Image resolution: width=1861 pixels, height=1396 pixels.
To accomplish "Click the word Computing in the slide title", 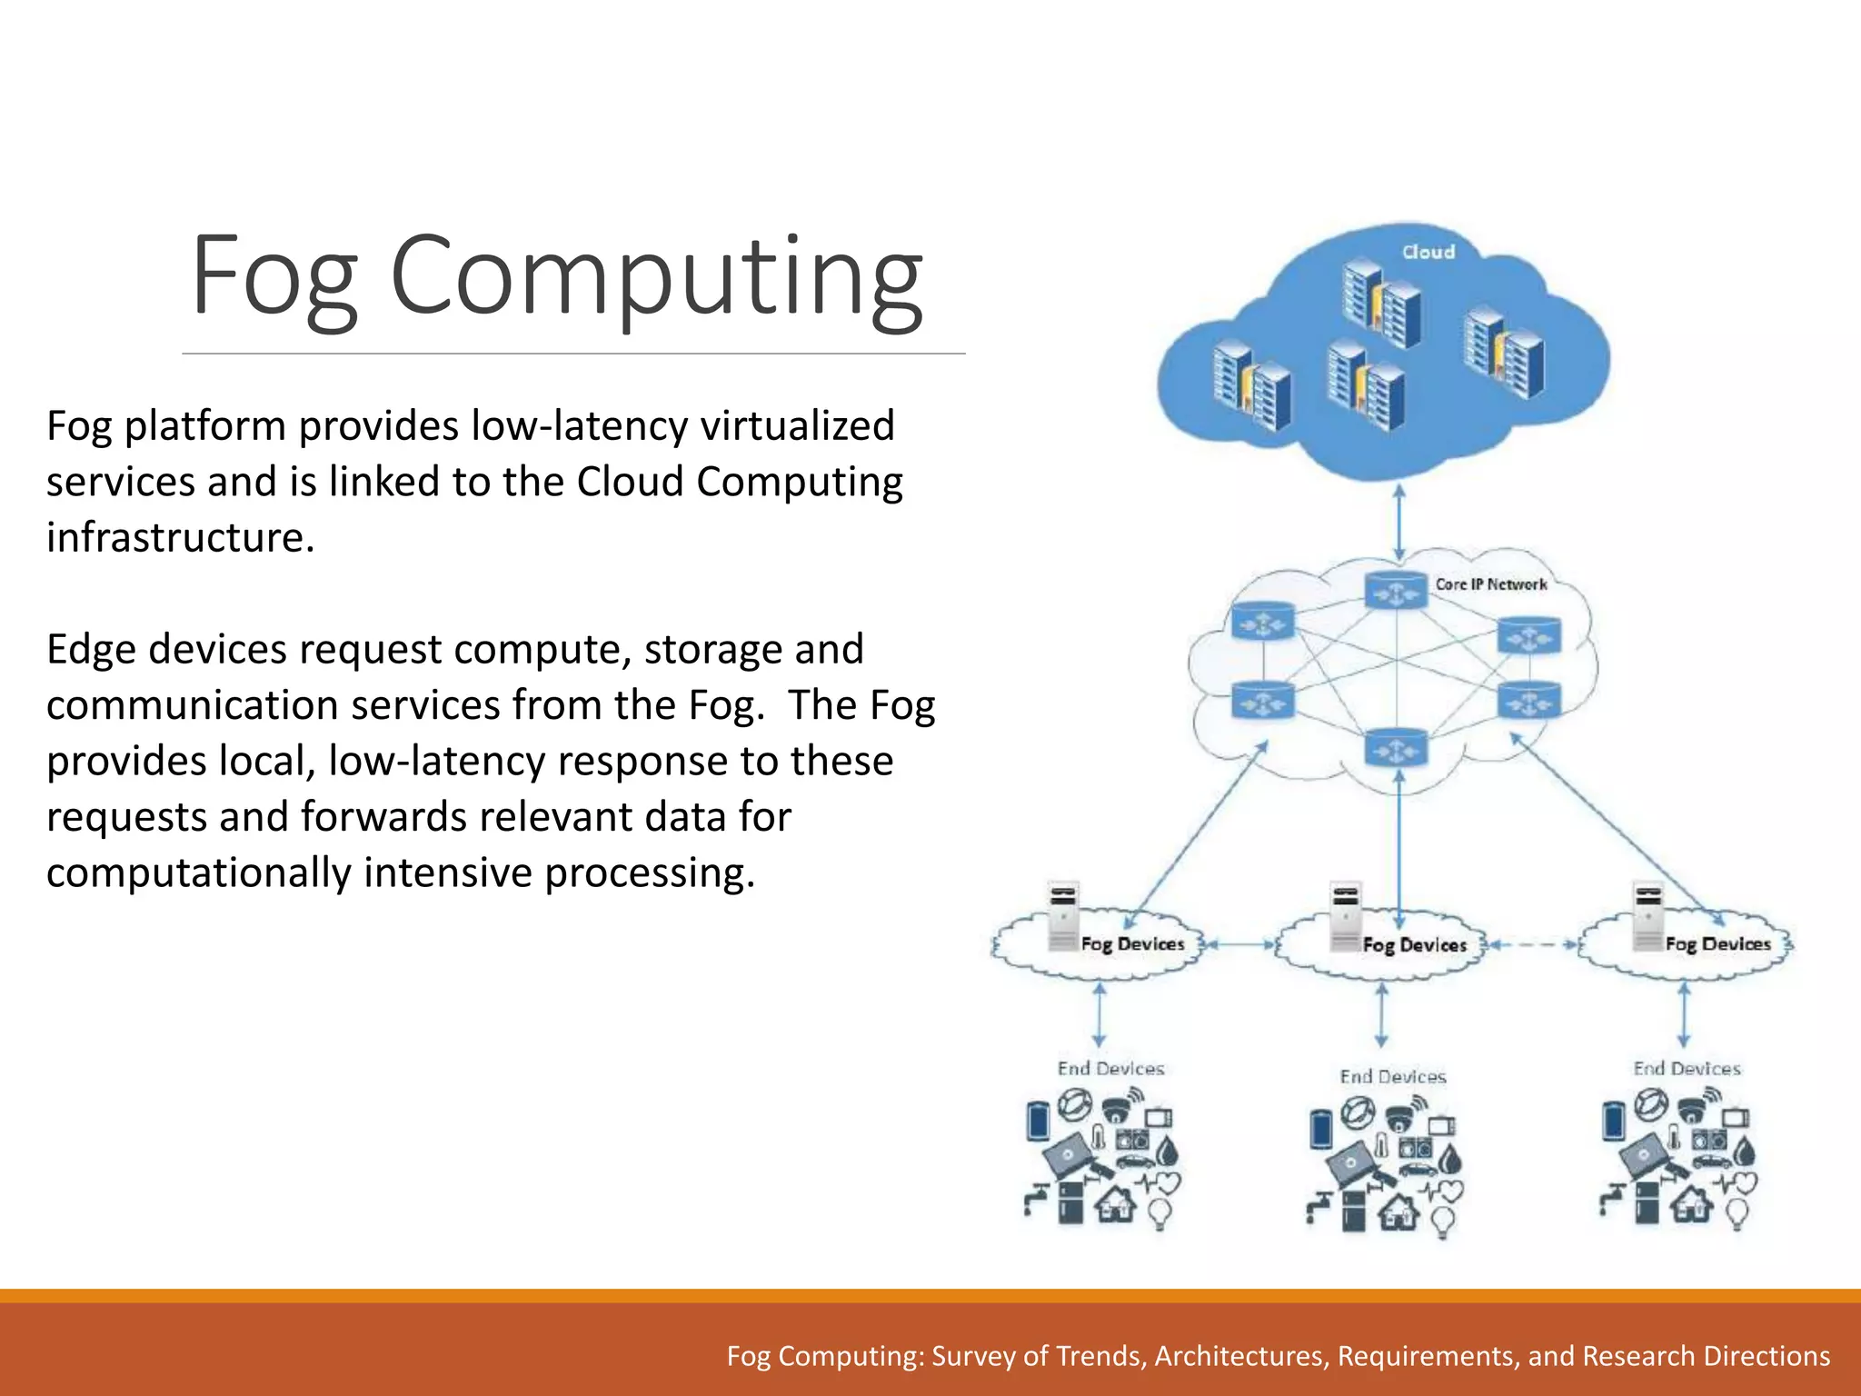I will point(656,276).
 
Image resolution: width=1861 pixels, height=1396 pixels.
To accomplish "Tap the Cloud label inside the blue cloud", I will point(1428,252).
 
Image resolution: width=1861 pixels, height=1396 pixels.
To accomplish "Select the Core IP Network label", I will point(1490,584).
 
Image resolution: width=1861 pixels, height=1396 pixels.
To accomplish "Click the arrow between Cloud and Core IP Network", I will point(1399,522).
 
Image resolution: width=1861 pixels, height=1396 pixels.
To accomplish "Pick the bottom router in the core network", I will point(1396,749).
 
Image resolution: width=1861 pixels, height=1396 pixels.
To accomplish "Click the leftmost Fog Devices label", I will point(1132,944).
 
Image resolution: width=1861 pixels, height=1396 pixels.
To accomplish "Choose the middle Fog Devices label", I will point(1414,945).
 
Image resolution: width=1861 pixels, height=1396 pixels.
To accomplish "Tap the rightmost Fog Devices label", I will point(1717,944).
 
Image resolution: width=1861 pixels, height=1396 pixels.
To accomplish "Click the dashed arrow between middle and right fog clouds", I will point(1531,945).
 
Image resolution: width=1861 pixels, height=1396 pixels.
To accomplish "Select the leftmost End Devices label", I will point(1110,1069).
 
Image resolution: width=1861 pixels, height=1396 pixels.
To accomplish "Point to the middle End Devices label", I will point(1392,1077).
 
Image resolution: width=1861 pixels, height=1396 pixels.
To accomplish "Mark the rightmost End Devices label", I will point(1687,1069).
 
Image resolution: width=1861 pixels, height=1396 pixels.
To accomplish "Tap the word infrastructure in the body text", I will point(180,537).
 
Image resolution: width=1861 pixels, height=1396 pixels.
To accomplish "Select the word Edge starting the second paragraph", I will point(91,650).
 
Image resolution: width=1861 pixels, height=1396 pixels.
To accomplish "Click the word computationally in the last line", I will point(198,872).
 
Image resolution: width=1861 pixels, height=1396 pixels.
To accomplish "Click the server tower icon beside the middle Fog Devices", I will point(1345,916).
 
